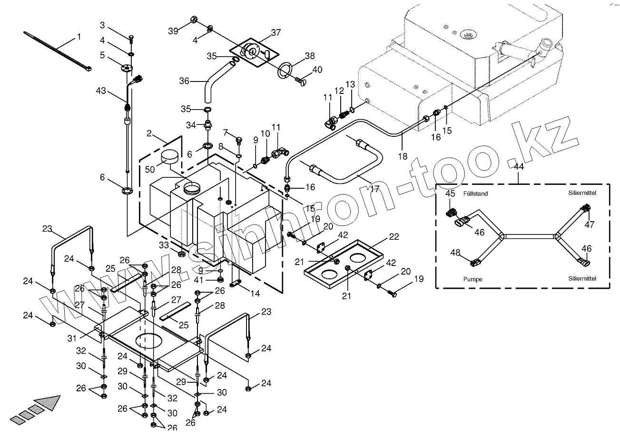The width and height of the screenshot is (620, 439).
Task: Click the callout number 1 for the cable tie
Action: click(79, 37)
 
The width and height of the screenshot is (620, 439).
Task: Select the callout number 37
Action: click(276, 33)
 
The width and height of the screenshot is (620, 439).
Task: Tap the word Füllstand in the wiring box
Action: click(475, 194)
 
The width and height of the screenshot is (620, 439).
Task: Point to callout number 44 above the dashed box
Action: click(519, 167)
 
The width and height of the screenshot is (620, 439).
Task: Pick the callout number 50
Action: click(150, 170)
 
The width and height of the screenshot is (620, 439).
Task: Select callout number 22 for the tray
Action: click(394, 237)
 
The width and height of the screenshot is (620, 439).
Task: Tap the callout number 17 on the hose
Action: click(374, 189)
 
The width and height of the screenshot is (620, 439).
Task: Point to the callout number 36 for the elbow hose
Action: click(184, 82)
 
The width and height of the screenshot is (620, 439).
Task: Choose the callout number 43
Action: click(101, 91)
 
